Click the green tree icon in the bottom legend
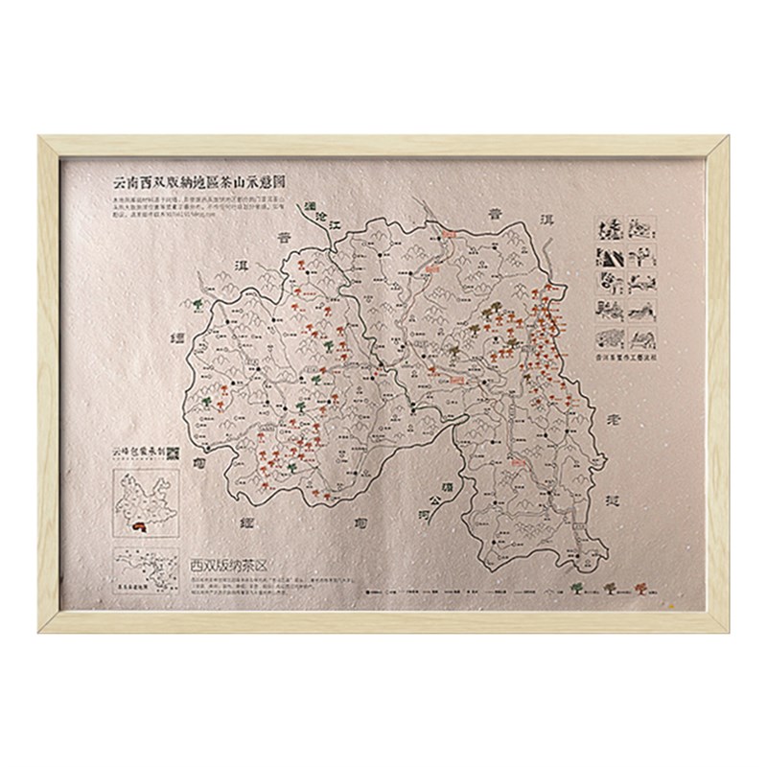[x=578, y=588]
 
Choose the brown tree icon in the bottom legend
[x=609, y=588]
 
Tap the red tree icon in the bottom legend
[x=639, y=588]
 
